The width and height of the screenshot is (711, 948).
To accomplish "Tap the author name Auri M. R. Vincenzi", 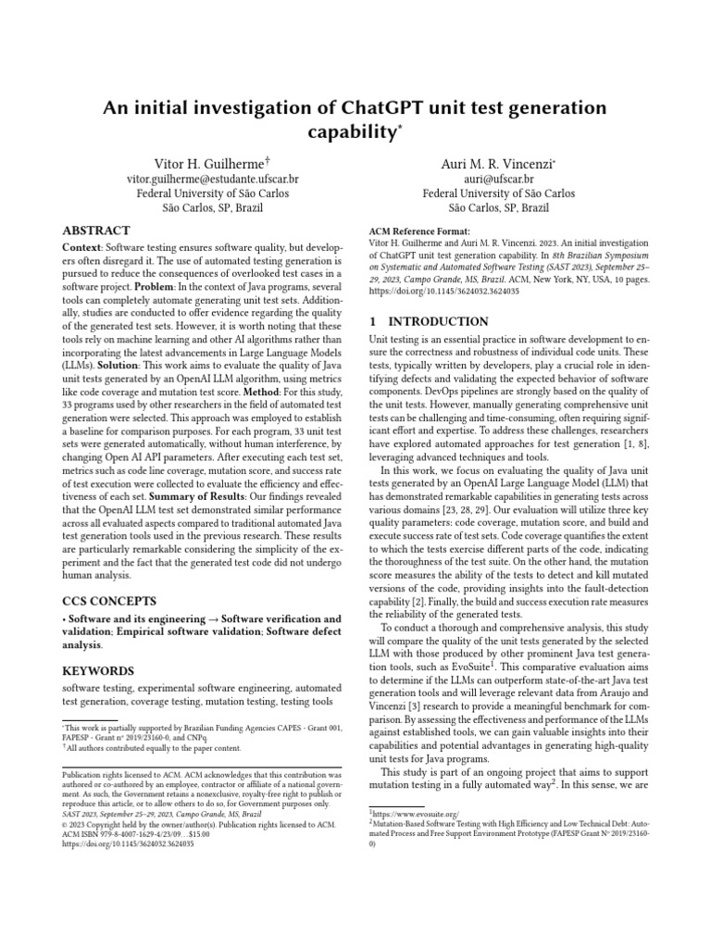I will (496, 164).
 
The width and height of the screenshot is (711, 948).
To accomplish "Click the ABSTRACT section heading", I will (96, 230).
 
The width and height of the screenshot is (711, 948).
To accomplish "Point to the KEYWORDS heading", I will (98, 670).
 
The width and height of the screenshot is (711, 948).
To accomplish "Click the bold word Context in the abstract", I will (82, 248).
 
